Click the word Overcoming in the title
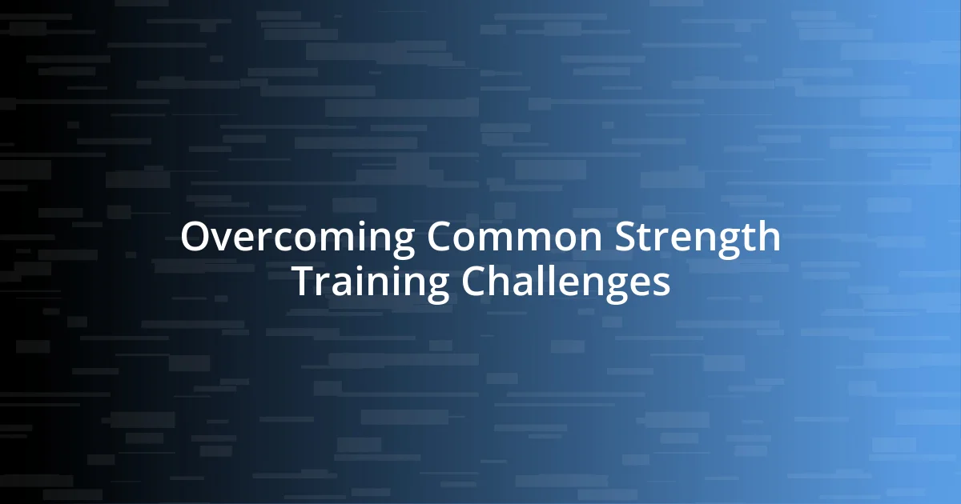click(x=297, y=238)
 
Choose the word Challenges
click(x=565, y=282)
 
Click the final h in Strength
click(x=768, y=237)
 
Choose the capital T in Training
click(x=303, y=282)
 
